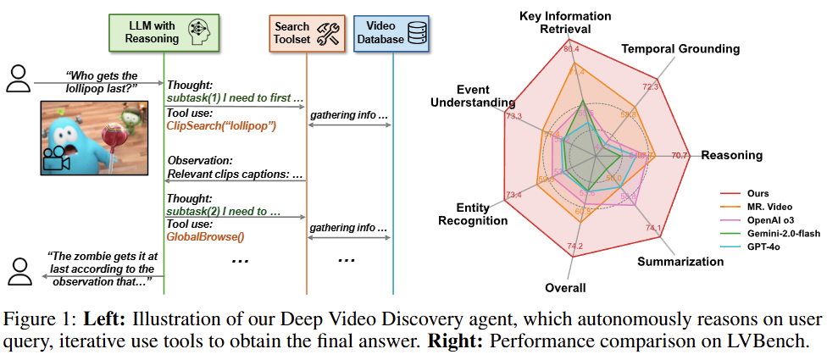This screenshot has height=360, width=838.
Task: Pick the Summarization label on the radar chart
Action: tap(680, 262)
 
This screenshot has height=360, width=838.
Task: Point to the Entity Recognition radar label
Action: tap(471, 214)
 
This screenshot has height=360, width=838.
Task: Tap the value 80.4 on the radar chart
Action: tap(570, 49)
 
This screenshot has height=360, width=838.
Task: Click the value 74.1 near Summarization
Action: tap(652, 228)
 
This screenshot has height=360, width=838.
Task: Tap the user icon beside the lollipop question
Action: tap(17, 78)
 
